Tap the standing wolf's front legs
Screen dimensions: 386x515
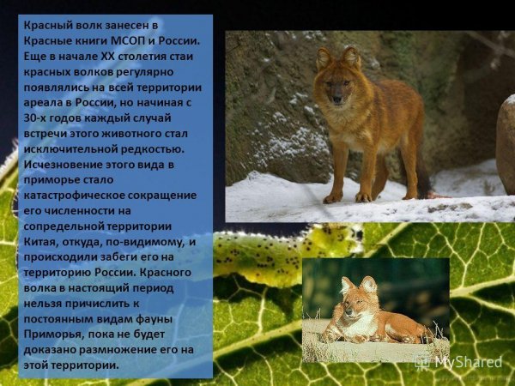(x=338, y=167)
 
